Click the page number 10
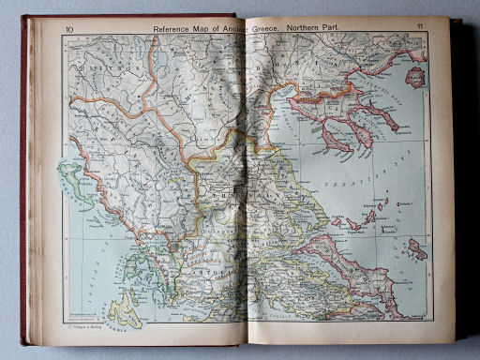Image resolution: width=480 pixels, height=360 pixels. click(68, 28)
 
